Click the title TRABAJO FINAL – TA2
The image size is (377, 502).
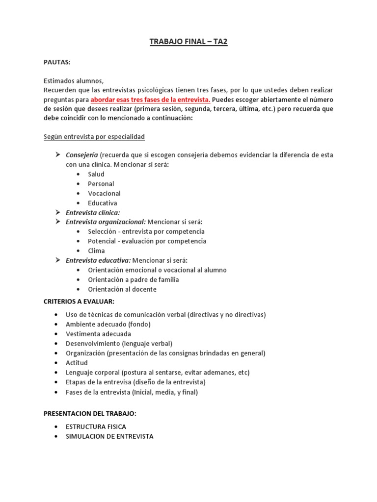pyautogui.click(x=188, y=42)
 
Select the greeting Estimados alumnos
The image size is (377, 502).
pyautogui.click(x=74, y=81)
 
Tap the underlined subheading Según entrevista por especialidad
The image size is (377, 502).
pyautogui.click(x=94, y=136)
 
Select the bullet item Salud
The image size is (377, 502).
pyautogui.click(x=96, y=174)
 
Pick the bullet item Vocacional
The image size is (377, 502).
pyautogui.click(x=104, y=193)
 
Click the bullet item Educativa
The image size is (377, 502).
pyautogui.click(x=103, y=203)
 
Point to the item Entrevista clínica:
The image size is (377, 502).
pyautogui.click(x=93, y=212)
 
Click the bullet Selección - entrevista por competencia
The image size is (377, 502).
pyautogui.click(x=146, y=231)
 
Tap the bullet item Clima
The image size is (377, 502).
pyautogui.click(x=96, y=251)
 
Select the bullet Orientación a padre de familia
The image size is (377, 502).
pyautogui.click(x=133, y=279)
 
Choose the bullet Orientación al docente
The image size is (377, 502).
pyautogui.click(x=122, y=289)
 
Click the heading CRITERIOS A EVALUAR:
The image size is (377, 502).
pyautogui.click(x=79, y=301)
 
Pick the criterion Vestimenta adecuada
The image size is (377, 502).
pyautogui.click(x=98, y=334)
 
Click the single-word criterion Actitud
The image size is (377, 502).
pyautogui.click(x=77, y=363)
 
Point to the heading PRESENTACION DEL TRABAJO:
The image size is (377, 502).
pyautogui.click(x=90, y=413)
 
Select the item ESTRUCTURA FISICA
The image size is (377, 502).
pyautogui.click(x=96, y=427)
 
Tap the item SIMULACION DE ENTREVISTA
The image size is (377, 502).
pyautogui.click(x=109, y=436)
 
